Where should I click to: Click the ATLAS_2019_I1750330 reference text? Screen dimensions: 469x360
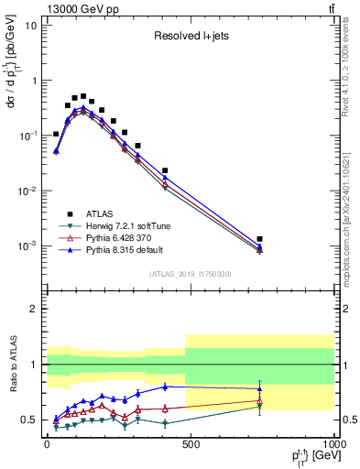[x=191, y=274]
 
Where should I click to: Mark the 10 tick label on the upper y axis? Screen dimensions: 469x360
[x=30, y=26]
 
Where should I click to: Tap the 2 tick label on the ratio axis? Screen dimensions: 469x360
[x=34, y=309]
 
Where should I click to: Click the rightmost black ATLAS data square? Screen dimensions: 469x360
[x=260, y=239]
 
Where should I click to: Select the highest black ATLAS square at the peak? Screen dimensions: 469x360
[x=83, y=95]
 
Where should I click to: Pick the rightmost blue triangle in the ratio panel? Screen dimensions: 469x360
[x=260, y=388]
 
